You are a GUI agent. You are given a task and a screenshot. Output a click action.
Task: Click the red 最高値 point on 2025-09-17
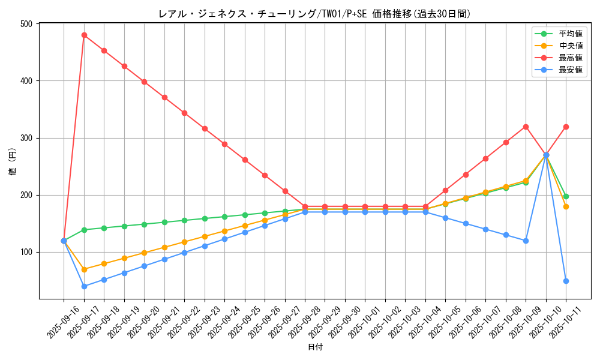pyautogui.click(x=84, y=35)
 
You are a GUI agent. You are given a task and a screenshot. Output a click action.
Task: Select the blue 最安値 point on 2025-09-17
pyautogui.click(x=84, y=286)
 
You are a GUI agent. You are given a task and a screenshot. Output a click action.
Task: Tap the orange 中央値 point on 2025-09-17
pyautogui.click(x=84, y=269)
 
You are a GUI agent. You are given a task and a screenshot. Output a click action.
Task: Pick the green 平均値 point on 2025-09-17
pyautogui.click(x=84, y=230)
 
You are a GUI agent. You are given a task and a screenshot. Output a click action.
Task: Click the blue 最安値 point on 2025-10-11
pyautogui.click(x=566, y=281)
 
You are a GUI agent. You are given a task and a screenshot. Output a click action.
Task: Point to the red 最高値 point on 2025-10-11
pyautogui.click(x=566, y=127)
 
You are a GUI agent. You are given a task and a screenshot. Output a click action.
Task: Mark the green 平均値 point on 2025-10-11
pyautogui.click(x=566, y=196)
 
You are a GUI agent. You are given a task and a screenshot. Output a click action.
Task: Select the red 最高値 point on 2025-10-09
pyautogui.click(x=526, y=127)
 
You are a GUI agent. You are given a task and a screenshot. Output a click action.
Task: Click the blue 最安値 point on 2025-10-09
pyautogui.click(x=526, y=241)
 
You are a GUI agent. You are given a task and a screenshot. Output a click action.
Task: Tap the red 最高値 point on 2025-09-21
pyautogui.click(x=164, y=97)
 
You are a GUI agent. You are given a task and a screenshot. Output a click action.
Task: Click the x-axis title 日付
pyautogui.click(x=315, y=347)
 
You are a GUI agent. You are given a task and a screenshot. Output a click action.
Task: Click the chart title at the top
pyautogui.click(x=315, y=14)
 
